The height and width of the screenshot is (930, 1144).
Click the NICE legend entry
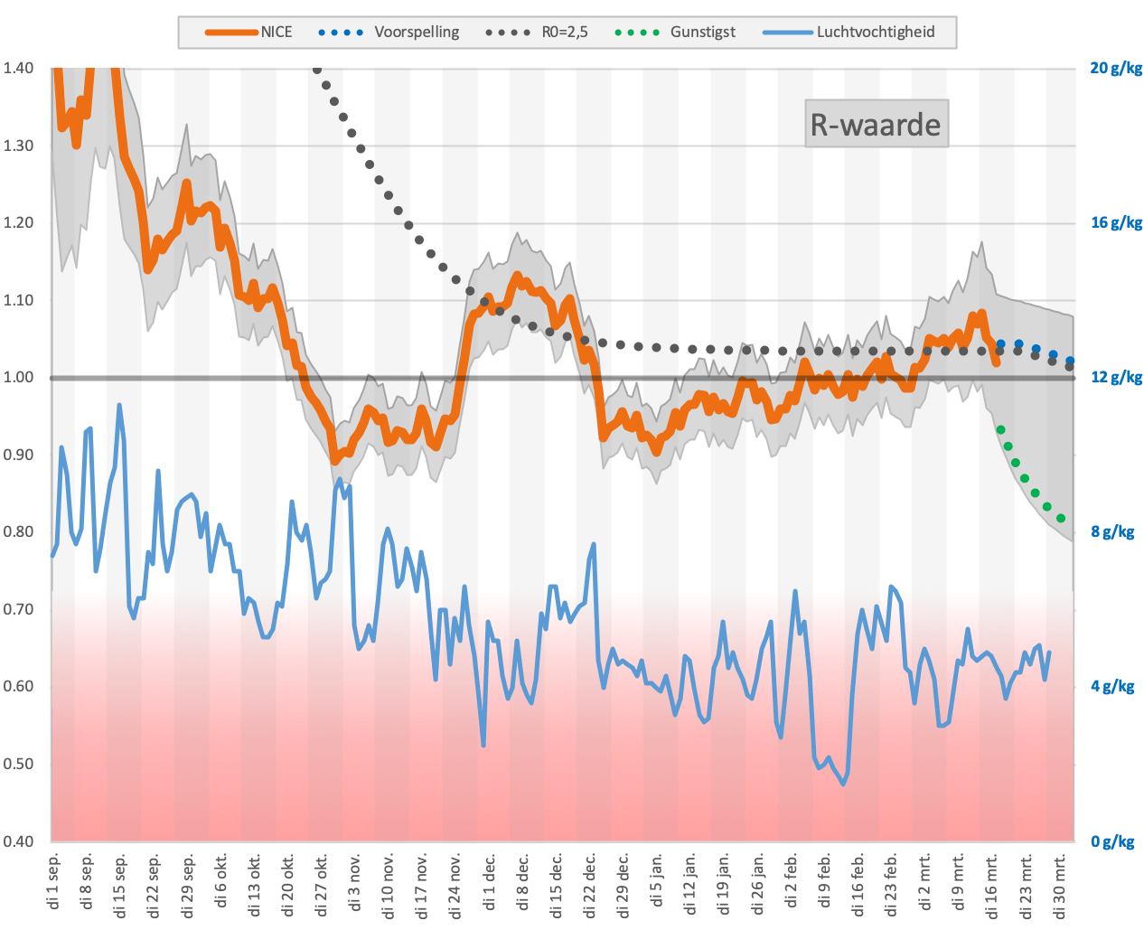click(248, 33)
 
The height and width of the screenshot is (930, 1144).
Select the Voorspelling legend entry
click(389, 33)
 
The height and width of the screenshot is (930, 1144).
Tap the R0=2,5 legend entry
click(537, 33)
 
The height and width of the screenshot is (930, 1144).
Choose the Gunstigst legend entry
click(675, 33)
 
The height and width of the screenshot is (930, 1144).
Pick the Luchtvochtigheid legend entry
click(849, 33)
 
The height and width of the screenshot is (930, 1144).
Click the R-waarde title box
click(876, 124)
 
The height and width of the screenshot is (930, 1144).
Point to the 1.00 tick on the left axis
click(18, 377)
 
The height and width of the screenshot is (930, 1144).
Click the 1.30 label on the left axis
click(18, 146)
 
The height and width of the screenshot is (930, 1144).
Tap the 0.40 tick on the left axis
click(18, 841)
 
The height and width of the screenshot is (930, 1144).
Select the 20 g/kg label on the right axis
click(1116, 68)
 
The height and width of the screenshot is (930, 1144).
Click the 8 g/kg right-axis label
click(1112, 532)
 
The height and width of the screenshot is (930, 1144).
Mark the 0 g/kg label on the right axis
click(1112, 841)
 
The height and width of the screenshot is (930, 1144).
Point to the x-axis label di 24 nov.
click(455, 886)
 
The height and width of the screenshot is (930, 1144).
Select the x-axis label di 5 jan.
click(656, 879)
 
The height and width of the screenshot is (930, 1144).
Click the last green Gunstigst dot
click(1061, 519)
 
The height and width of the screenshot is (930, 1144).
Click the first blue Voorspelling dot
click(1000, 343)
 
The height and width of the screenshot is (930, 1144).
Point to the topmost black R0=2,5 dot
click(317, 70)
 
